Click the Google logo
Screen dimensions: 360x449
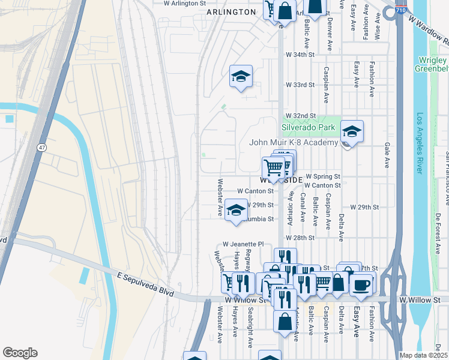click(20, 353)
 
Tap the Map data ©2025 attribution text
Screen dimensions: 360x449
click(424, 355)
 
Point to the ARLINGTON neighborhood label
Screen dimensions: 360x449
click(231, 12)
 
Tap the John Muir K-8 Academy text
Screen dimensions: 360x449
click(294, 143)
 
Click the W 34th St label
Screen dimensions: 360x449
click(300, 55)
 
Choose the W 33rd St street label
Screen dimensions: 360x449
click(300, 85)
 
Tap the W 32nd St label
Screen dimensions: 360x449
click(300, 115)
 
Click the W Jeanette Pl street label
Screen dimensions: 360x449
click(243, 244)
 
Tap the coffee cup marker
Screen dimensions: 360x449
click(361, 284)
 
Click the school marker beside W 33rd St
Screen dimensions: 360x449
click(241, 77)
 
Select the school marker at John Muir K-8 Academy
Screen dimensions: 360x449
click(352, 131)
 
